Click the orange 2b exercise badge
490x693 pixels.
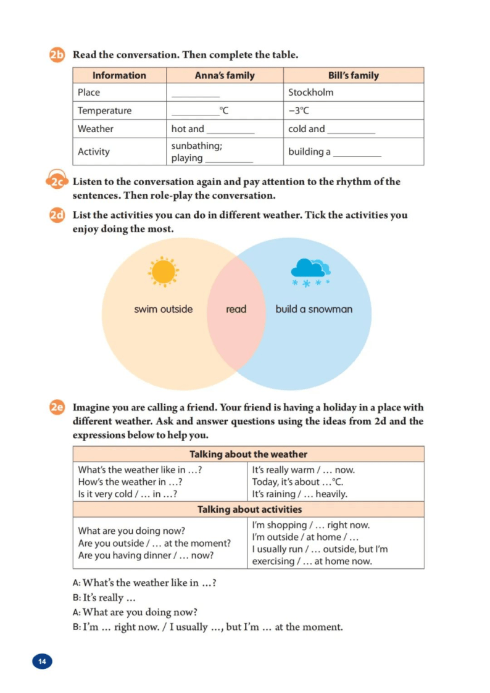pyautogui.click(x=57, y=55)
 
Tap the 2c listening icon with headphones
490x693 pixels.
pyautogui.click(x=57, y=181)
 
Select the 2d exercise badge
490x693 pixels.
pyautogui.click(x=57, y=215)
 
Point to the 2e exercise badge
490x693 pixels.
pyautogui.click(x=57, y=408)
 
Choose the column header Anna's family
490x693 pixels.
pyautogui.click(x=225, y=75)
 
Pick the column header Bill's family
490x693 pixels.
pyautogui.click(x=353, y=75)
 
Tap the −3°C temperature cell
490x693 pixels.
pyautogui.click(x=299, y=111)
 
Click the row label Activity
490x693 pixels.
pyautogui.click(x=94, y=152)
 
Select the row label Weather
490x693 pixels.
pyautogui.click(x=96, y=129)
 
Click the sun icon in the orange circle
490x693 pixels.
pyautogui.click(x=164, y=272)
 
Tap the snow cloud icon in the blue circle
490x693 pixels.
pyautogui.click(x=310, y=270)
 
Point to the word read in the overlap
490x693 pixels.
pyautogui.click(x=236, y=309)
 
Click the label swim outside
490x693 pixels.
pyautogui.click(x=164, y=309)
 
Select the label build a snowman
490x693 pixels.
pyautogui.click(x=314, y=309)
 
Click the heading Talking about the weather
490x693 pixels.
pyautogui.click(x=248, y=454)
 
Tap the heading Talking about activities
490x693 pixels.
pyautogui.click(x=249, y=509)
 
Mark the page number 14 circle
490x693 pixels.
pyautogui.click(x=42, y=662)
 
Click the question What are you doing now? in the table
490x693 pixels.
pyautogui.click(x=131, y=531)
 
